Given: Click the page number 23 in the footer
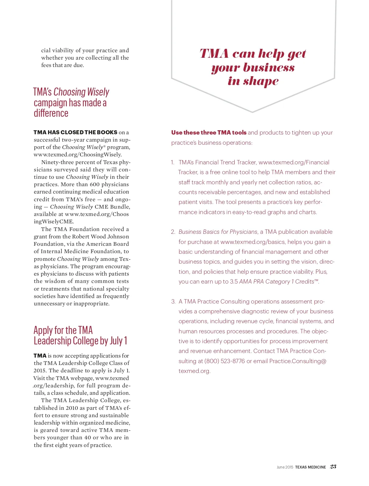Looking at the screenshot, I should tap(333, 467).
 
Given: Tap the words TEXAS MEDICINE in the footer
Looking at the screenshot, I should tap(310, 467).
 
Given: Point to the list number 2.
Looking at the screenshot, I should tap(173, 232).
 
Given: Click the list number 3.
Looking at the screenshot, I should tap(173, 301).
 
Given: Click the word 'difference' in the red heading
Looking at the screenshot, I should tap(51, 113).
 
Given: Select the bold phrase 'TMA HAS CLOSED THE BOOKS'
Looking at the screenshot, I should tap(75, 132).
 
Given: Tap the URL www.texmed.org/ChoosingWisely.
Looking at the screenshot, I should tap(78, 155).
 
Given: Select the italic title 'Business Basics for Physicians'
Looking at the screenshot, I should tap(218, 232).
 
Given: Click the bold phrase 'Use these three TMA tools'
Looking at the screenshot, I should tap(209, 133).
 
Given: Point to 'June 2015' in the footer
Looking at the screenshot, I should tap(285, 467).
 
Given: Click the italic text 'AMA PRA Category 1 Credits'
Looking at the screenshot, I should tap(276, 282).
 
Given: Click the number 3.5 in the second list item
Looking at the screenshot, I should tap(234, 282).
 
